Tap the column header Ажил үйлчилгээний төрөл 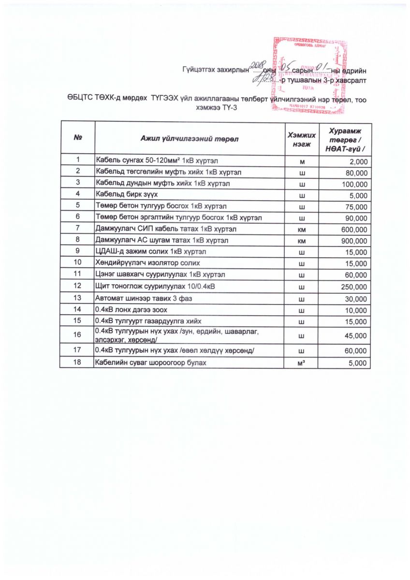click(190, 138)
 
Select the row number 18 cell click(77, 362)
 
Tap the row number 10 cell click(77, 263)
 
